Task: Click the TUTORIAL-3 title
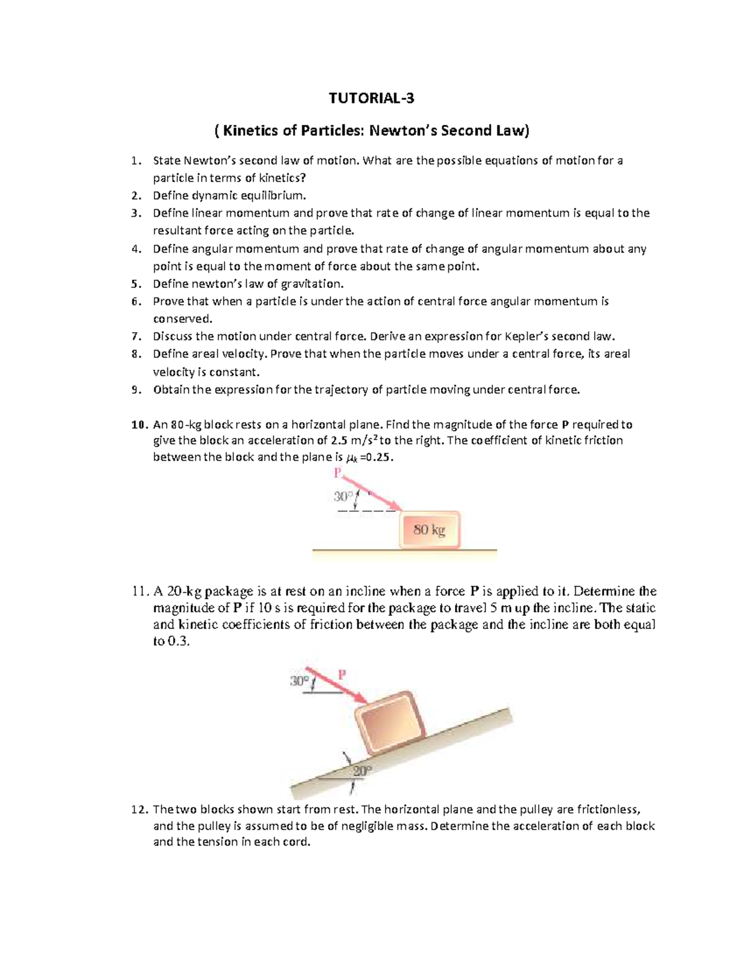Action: [371, 98]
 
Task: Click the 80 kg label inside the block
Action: [430, 530]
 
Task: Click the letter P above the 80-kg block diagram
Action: [338, 473]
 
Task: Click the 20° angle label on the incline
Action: [362, 771]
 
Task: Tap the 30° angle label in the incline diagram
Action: [298, 681]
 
